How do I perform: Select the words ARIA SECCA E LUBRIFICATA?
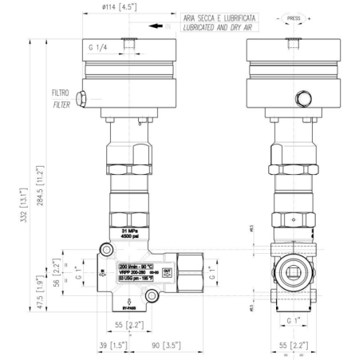[219, 17]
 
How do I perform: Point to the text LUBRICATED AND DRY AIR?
[219, 27]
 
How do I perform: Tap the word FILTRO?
[61, 93]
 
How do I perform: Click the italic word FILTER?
[61, 104]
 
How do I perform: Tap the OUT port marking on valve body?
[166, 272]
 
